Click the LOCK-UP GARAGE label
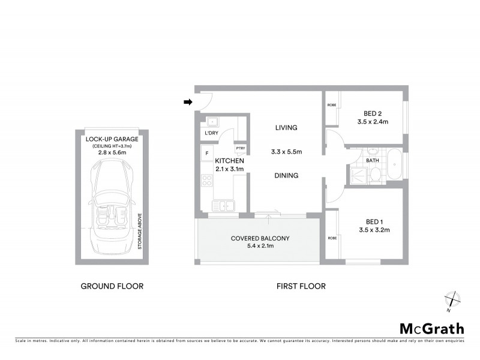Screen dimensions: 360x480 click(x=112, y=139)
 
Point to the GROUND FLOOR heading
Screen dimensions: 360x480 click(x=112, y=286)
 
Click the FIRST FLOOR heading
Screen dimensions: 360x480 click(x=301, y=286)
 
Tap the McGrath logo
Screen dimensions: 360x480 click(x=431, y=328)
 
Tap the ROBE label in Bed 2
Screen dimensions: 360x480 click(x=332, y=105)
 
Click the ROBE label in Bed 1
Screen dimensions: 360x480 click(x=332, y=238)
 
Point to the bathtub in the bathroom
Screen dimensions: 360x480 click(x=395, y=164)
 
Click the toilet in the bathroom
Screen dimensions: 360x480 click(x=374, y=174)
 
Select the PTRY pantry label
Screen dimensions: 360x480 click(x=240, y=148)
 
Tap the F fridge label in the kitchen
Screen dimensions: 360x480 click(x=206, y=152)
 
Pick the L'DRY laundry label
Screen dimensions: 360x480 click(x=211, y=133)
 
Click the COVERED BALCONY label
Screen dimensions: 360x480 click(x=260, y=238)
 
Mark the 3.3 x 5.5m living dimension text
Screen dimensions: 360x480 click(x=286, y=152)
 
